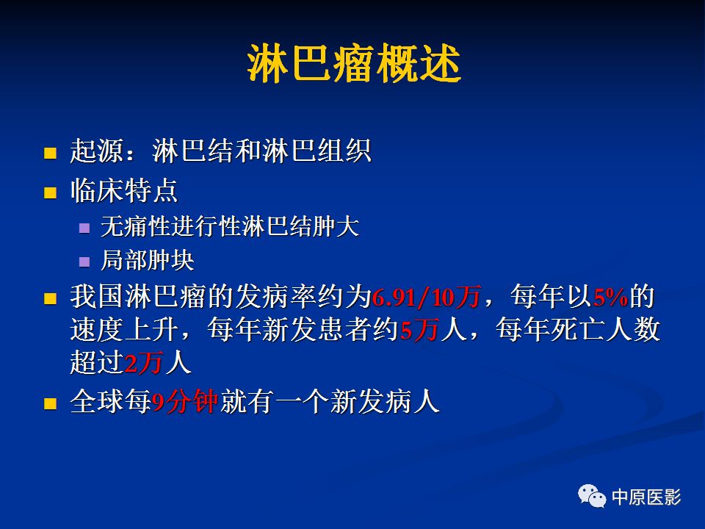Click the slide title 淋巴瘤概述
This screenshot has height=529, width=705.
pyautogui.click(x=354, y=63)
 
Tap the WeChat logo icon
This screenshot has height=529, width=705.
pyautogui.click(x=592, y=496)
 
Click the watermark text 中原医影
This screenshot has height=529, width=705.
pyautogui.click(x=646, y=497)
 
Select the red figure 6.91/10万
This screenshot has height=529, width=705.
pyautogui.click(x=426, y=298)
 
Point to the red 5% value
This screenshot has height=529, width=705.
pyautogui.click(x=610, y=298)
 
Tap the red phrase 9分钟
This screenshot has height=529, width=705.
pyautogui.click(x=185, y=402)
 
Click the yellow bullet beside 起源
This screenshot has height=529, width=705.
pyautogui.click(x=50, y=153)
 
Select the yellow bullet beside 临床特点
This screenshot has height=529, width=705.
pyautogui.click(x=50, y=192)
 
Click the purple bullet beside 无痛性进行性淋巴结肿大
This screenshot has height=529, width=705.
pyautogui.click(x=84, y=228)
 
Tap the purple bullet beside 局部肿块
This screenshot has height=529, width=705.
pyautogui.click(x=84, y=262)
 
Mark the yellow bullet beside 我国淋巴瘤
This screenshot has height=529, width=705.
pyautogui.click(x=50, y=299)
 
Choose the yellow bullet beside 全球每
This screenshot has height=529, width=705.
pyautogui.click(x=50, y=403)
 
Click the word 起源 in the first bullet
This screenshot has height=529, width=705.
pyautogui.click(x=97, y=151)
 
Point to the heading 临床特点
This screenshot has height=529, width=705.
pyautogui.click(x=124, y=190)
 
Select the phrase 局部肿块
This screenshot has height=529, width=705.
pyautogui.click(x=148, y=260)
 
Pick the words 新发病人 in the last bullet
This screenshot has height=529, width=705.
pyautogui.click(x=384, y=401)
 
